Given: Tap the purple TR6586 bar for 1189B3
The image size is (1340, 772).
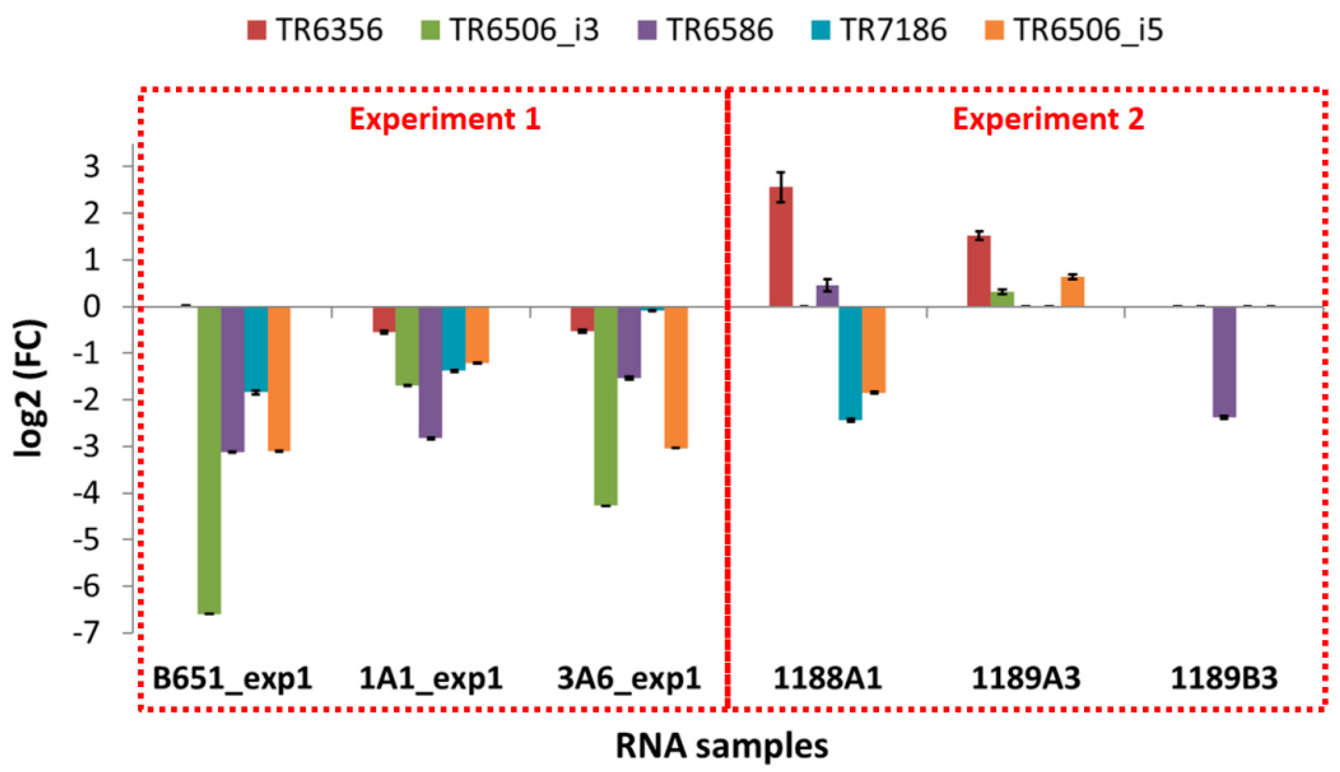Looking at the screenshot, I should click(1224, 362).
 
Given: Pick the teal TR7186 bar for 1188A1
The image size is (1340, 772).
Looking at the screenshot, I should click(850, 363).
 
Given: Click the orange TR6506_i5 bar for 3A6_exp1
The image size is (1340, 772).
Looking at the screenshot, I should click(676, 378).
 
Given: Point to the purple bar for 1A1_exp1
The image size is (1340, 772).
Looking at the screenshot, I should click(430, 372).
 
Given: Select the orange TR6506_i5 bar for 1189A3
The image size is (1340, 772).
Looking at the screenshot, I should click(1072, 292).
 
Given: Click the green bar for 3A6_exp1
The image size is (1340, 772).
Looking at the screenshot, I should click(606, 406).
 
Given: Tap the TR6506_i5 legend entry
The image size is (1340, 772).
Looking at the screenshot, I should click(1074, 30).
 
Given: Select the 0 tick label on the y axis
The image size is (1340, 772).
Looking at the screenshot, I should click(91, 307).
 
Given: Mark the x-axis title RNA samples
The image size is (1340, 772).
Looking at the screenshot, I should click(721, 746).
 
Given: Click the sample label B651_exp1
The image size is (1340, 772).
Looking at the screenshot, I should click(232, 678).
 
